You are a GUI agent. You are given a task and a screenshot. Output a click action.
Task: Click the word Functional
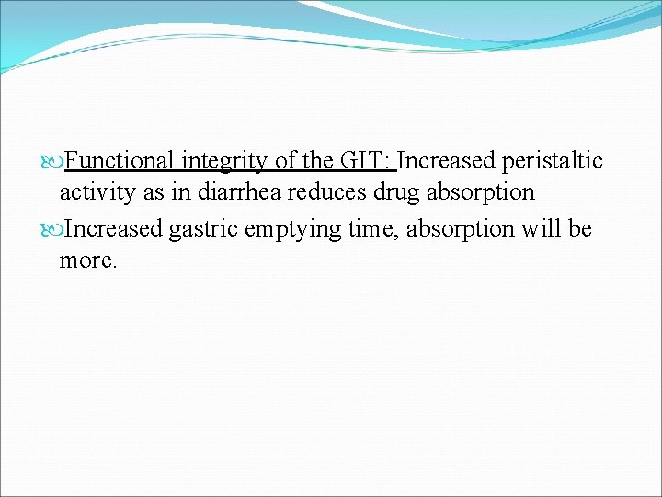[120, 161]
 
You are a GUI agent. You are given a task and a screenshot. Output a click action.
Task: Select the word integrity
[224, 161]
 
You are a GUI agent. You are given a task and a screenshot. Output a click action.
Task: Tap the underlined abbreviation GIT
[366, 161]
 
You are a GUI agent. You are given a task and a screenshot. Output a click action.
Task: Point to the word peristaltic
[553, 161]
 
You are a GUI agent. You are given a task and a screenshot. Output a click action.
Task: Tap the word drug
[381, 193]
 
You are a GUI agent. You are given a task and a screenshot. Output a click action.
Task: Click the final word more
[87, 260]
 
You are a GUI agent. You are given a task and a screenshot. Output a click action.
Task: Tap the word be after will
[580, 227]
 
